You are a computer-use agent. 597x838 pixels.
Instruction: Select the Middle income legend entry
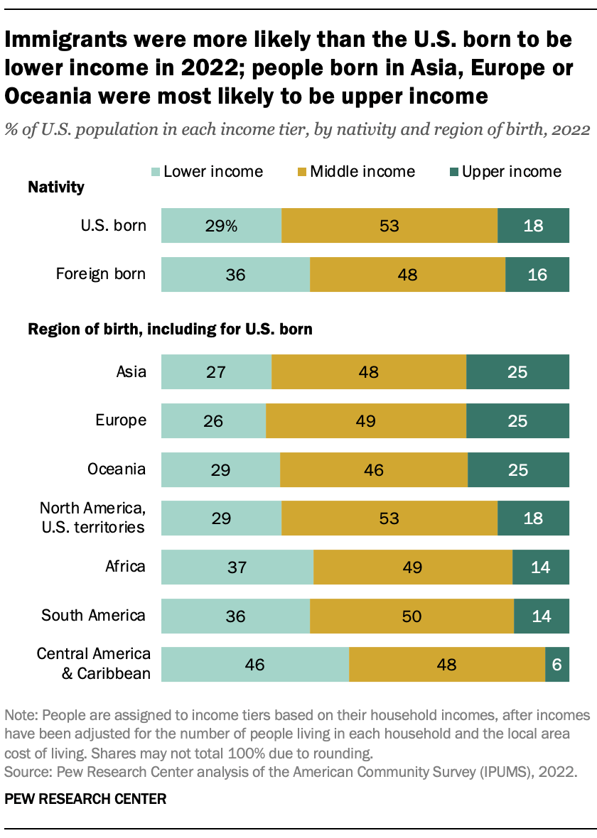pos(355,172)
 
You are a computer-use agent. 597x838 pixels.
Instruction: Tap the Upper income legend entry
pos(504,172)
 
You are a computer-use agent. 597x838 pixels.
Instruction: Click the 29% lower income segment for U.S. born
pos(221,226)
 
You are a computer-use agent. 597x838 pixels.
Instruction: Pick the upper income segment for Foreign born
pos(537,275)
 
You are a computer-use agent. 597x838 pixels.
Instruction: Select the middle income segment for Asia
pos(369,372)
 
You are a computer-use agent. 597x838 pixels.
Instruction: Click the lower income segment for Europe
pos(213,420)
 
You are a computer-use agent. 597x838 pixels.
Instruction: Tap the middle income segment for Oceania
pos(374,469)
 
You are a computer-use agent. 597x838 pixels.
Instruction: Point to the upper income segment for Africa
pos(541,567)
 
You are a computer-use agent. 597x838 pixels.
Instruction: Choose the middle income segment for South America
pos(412,616)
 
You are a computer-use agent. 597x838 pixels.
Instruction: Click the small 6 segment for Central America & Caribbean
pos(557,664)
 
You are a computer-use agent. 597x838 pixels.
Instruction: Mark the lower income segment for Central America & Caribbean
pos(254,664)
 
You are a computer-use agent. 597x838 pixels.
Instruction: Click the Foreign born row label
pos(101,274)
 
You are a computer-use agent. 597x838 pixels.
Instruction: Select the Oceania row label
pos(117,469)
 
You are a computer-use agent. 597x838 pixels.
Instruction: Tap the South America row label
pos(93,615)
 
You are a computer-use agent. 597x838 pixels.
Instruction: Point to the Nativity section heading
pos(55,187)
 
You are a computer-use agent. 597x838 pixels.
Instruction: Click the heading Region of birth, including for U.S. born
pos(170,330)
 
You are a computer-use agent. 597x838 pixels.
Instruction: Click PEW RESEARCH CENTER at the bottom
pos(85,799)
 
